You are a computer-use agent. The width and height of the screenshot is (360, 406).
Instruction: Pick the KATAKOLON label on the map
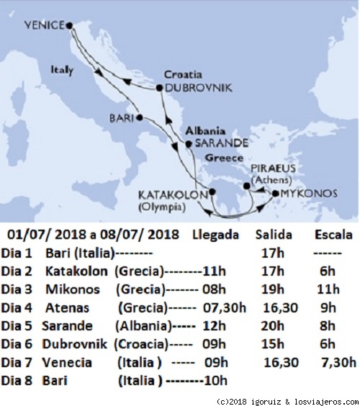point(166,194)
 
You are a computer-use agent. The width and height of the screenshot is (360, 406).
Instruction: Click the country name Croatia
point(183,73)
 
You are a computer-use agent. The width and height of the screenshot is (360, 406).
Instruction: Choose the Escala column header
point(333,235)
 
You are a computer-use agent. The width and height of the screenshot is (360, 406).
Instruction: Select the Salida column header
point(274,235)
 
